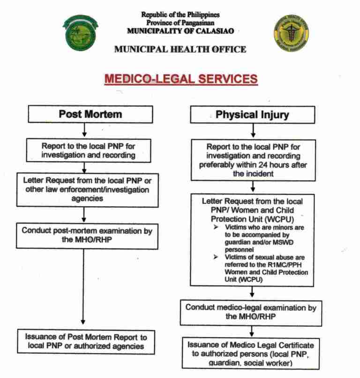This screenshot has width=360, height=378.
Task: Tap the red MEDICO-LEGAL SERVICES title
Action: point(180,78)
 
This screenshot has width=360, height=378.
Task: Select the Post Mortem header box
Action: point(83,114)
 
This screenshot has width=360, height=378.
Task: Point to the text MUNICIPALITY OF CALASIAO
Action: point(180,31)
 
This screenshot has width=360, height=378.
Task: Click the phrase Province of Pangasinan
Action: point(180,23)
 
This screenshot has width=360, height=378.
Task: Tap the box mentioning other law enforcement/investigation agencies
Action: point(83,189)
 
